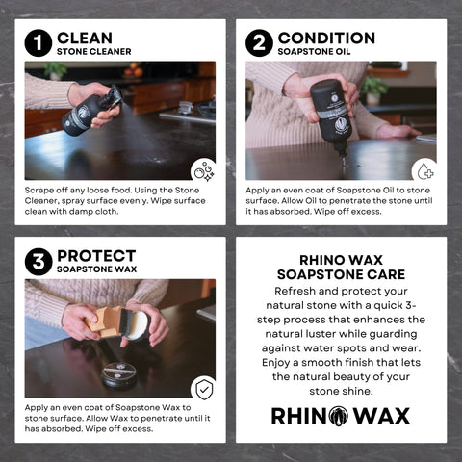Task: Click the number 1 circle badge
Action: click(38, 43)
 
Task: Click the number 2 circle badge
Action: click(259, 43)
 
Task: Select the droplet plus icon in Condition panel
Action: click(423, 171)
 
